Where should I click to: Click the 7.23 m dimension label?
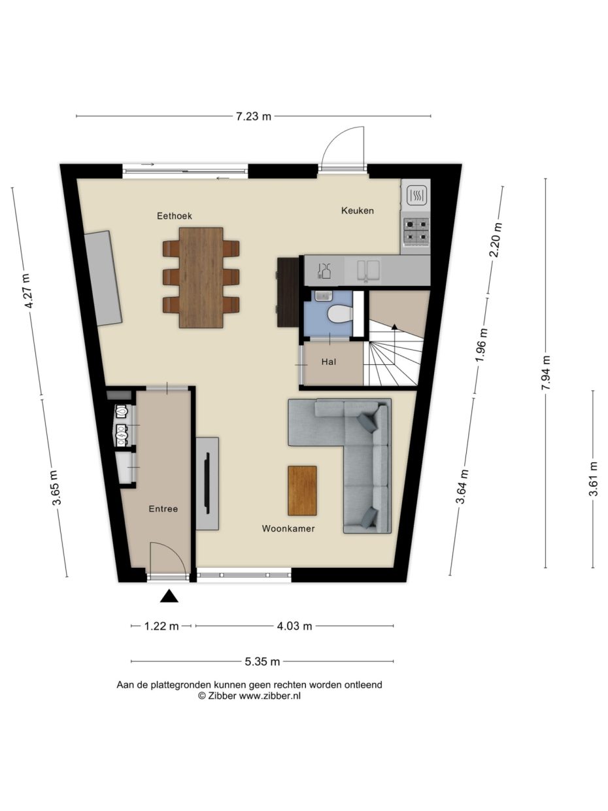click(254, 117)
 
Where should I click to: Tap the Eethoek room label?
click(175, 216)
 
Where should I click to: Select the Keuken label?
click(358, 211)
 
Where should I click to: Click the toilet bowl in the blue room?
click(339, 314)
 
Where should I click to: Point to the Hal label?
click(329, 362)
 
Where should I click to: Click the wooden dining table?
click(201, 277)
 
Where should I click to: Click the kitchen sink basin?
click(368, 270)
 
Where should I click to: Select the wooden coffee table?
click(302, 491)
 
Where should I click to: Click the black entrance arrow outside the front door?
click(169, 596)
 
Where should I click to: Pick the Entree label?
click(163, 509)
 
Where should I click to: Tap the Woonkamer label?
click(288, 528)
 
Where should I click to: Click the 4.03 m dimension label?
click(294, 626)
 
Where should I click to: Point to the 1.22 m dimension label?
click(161, 626)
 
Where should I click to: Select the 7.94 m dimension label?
click(546, 373)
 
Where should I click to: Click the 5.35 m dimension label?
click(262, 661)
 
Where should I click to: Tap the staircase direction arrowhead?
click(394, 326)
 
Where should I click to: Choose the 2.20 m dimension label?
click(495, 240)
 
